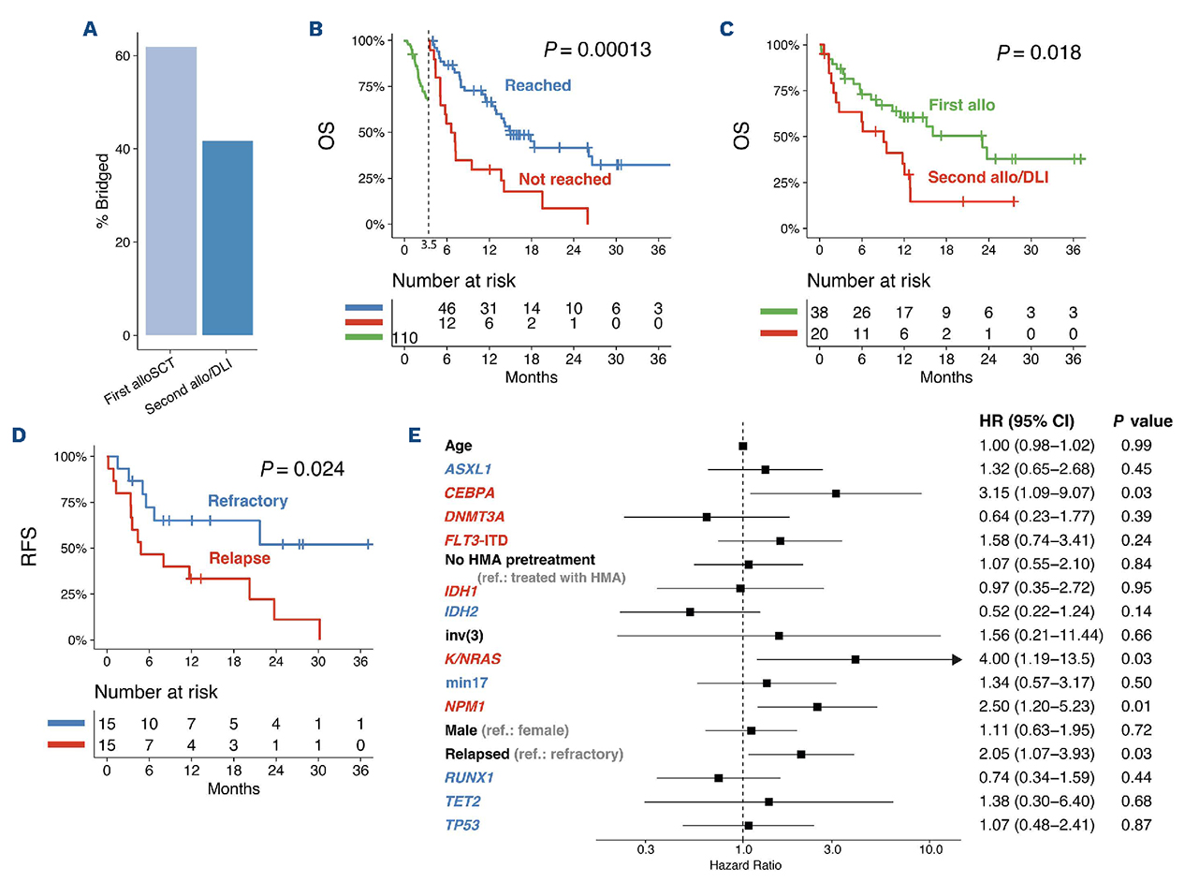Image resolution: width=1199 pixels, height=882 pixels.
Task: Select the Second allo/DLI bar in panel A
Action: pos(227,238)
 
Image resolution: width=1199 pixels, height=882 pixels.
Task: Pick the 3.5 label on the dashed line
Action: pos(429,245)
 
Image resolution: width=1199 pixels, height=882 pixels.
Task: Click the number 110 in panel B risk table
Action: pos(403,337)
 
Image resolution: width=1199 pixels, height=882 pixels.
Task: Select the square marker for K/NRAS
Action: pos(855,660)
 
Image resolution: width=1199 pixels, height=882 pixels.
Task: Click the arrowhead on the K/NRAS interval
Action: pos(957,660)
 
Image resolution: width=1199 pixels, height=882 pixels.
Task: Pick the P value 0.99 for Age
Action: pos(1135,446)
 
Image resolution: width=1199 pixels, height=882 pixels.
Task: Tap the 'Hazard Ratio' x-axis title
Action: pos(743,866)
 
